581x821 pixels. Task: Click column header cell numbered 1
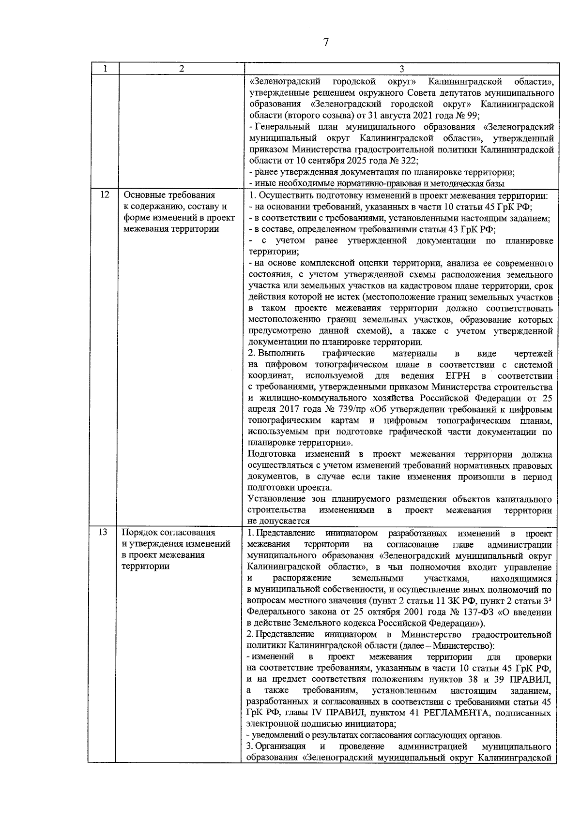click(104, 69)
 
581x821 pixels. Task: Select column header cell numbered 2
click(181, 69)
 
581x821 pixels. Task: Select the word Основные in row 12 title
click(143, 195)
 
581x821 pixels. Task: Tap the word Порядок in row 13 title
click(140, 533)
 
